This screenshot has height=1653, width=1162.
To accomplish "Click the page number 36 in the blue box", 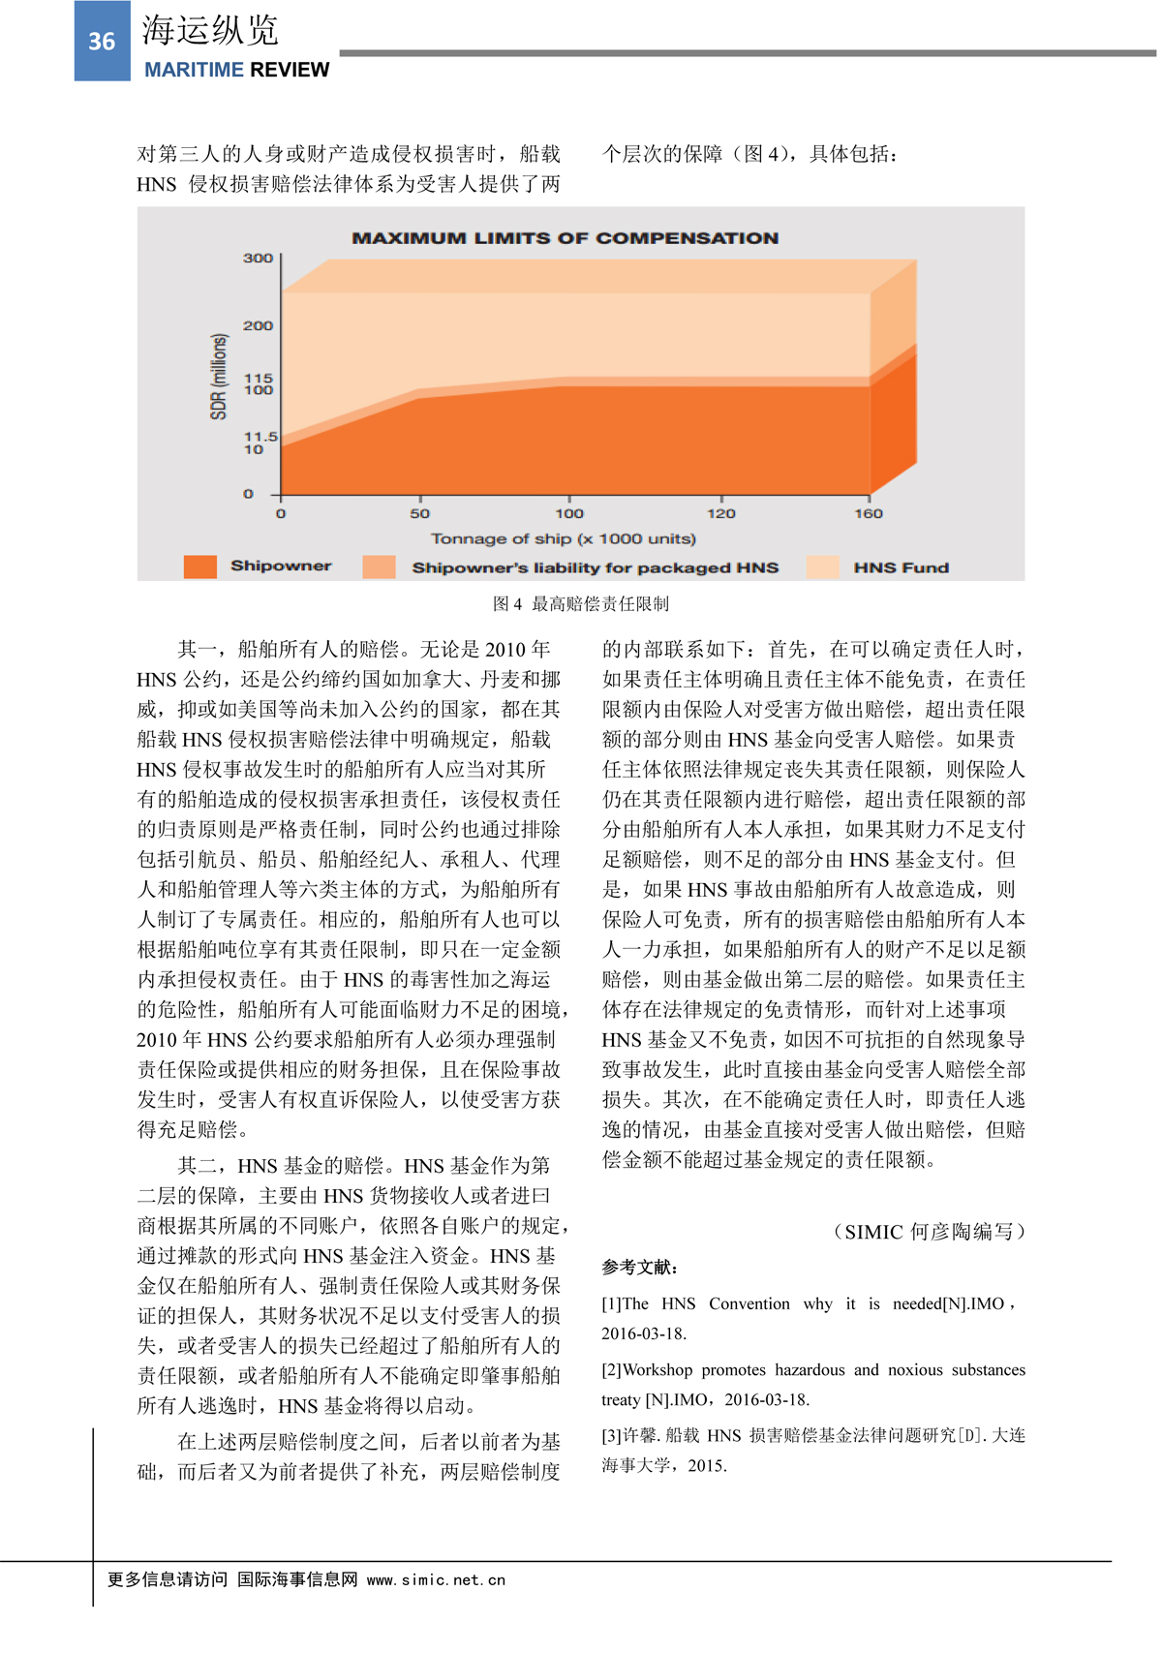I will pos(102,42).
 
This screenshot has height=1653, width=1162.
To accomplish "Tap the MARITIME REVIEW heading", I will pos(236,70).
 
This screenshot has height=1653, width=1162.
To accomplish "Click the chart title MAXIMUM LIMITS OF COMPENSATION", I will pos(565,238).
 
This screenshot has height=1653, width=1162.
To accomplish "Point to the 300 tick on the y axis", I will pos(258,258).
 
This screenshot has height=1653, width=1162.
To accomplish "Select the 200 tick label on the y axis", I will pos(258,325).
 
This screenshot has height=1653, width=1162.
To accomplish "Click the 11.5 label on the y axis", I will pos(260,437).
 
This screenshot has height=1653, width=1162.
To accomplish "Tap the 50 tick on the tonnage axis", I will pos(419,513).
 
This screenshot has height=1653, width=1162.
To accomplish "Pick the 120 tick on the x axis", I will pos(720,513).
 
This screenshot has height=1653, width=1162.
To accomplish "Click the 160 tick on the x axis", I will pos(868,513).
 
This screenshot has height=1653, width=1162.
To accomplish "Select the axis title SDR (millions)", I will pos(219,377).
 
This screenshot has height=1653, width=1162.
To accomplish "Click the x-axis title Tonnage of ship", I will pos(563,538).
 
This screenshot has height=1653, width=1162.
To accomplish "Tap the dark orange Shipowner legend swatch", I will pos(199,566).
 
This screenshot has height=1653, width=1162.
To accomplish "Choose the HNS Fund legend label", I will pos(901,567).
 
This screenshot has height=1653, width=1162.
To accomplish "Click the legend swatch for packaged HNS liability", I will pos(379,566).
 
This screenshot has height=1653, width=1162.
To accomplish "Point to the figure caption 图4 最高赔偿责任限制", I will pos(580,604).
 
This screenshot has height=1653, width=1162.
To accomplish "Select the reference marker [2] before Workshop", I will pos(611,1370).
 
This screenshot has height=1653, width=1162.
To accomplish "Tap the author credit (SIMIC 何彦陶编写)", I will pos(929,1232).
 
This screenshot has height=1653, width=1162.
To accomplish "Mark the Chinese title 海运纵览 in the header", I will pos(210,31).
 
